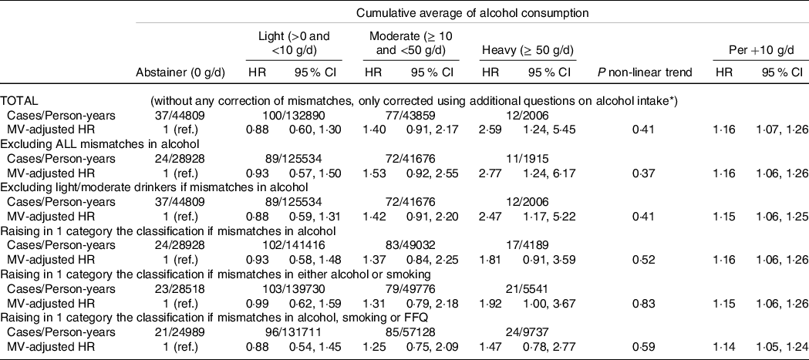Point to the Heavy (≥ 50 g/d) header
pos(528,51)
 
